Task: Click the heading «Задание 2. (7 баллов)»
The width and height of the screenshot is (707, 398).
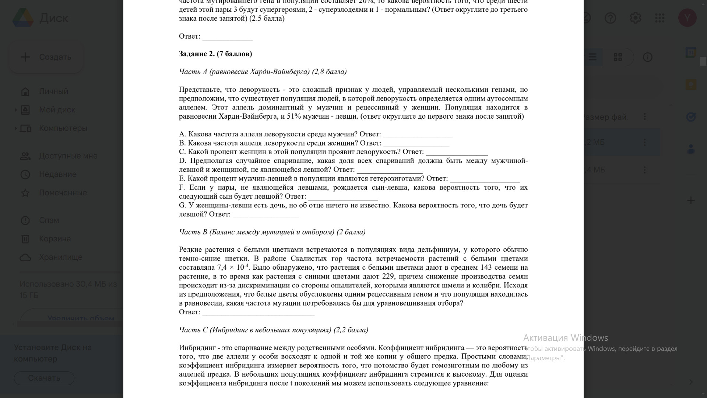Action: tap(215, 54)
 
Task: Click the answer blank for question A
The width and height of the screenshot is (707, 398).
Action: tap(418, 135)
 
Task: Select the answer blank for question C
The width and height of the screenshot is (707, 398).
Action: tap(457, 153)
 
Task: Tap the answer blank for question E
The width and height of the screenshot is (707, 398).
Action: tap(485, 179)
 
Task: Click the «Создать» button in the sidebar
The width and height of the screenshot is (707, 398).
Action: tap(46, 57)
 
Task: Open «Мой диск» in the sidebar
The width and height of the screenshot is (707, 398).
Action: tap(57, 110)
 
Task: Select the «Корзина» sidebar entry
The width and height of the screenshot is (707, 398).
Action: tap(55, 239)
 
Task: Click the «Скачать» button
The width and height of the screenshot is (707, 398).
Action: tap(44, 378)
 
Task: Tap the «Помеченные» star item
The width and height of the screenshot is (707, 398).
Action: tap(63, 193)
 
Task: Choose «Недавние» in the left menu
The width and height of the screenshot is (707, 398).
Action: tap(58, 174)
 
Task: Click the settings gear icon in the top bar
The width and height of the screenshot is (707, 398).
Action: tap(635, 18)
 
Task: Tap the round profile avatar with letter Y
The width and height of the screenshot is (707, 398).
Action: tap(687, 18)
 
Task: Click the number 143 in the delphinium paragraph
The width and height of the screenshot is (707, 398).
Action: tap(486, 268)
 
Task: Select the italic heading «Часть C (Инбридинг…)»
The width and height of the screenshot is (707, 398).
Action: tap(273, 330)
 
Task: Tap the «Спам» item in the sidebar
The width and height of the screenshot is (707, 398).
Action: tap(49, 220)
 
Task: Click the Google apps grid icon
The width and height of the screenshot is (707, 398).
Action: tap(659, 18)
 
